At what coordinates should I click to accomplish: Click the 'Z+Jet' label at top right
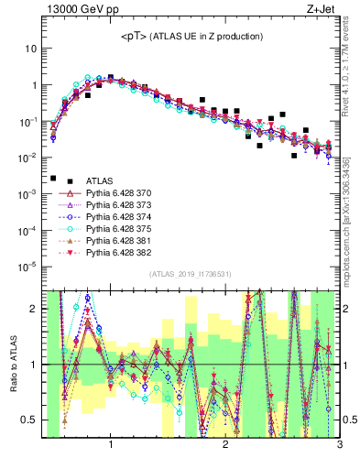(325, 12)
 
